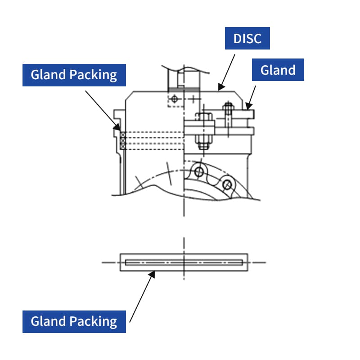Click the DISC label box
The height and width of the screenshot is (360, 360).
pos(247,38)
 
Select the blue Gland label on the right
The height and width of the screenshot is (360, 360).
pos(278,70)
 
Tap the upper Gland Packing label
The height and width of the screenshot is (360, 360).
pos(74,75)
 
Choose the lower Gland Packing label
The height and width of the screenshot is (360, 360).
pos(74,321)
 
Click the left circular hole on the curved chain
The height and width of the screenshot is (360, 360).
pos(198,171)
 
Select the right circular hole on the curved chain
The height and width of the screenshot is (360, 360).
pos(227,184)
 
